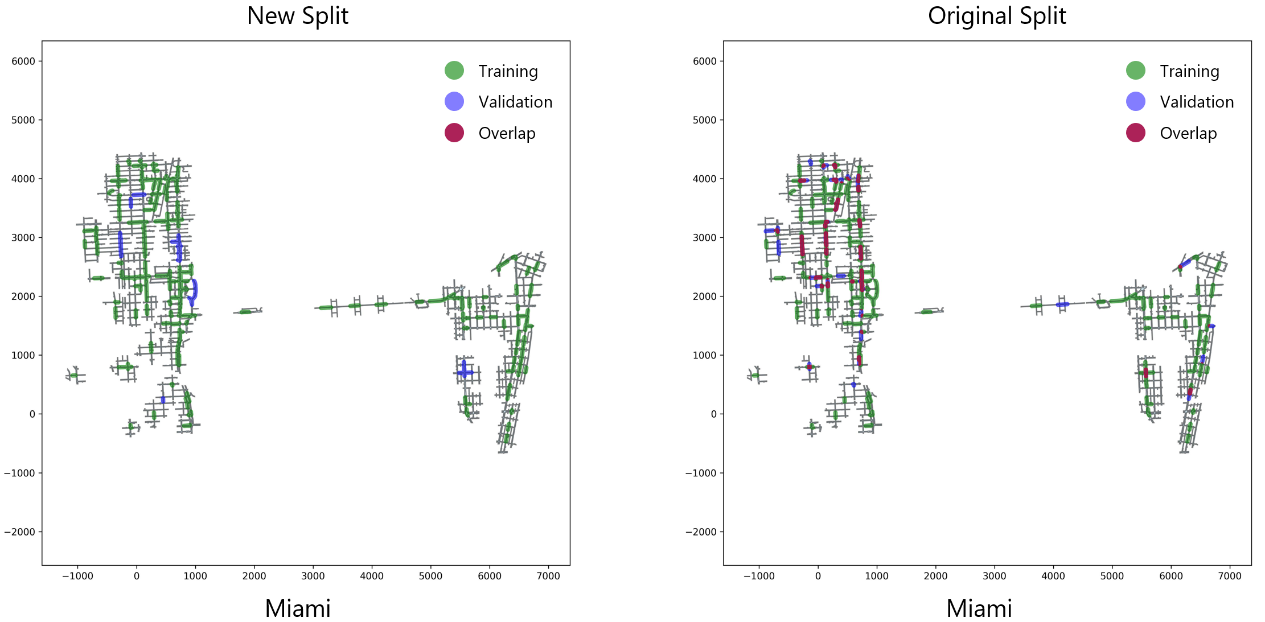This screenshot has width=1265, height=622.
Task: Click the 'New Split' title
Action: pyautogui.click(x=297, y=16)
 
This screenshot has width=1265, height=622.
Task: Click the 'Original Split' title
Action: pyautogui.click(x=996, y=16)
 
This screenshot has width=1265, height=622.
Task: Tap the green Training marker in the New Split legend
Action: pyautogui.click(x=454, y=71)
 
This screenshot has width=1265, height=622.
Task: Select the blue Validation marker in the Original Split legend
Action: pyautogui.click(x=1135, y=102)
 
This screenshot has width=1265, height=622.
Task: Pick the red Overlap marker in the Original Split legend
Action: pyautogui.click(x=1135, y=133)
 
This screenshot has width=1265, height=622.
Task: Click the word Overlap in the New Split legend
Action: pyautogui.click(x=507, y=133)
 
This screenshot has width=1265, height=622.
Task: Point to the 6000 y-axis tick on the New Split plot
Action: pyautogui.click(x=23, y=61)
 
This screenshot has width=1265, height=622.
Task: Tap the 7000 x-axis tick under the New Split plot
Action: pyautogui.click(x=548, y=576)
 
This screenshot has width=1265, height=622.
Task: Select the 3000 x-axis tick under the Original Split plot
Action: pyautogui.click(x=994, y=576)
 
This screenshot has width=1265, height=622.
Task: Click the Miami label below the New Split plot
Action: pyautogui.click(x=297, y=608)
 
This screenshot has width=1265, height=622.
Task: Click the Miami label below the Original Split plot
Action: pyautogui.click(x=979, y=608)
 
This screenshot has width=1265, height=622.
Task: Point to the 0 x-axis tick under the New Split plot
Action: pyautogui.click(x=136, y=576)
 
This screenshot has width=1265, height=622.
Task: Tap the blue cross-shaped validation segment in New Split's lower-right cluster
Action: pyautogui.click(x=465, y=372)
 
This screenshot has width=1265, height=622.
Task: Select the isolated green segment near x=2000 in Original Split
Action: pyautogui.click(x=927, y=311)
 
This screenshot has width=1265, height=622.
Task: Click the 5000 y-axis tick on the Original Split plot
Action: pyautogui.click(x=704, y=120)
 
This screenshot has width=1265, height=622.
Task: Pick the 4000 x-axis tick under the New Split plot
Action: pyautogui.click(x=371, y=576)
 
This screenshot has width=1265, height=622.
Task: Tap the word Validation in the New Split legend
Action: pyautogui.click(x=515, y=102)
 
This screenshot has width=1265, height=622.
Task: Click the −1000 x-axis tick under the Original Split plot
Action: pyautogui.click(x=758, y=576)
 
